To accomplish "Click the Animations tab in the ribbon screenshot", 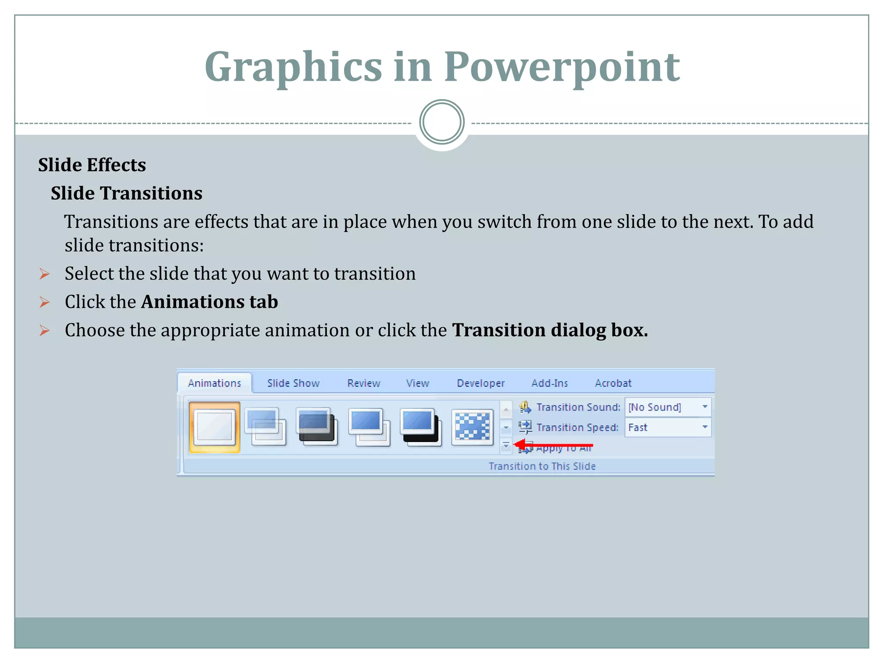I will coord(215,383).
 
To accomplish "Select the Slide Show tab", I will coord(293,383).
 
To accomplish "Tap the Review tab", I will coord(363,383).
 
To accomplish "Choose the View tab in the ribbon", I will coord(417,383).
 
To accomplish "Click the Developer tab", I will coord(480,383).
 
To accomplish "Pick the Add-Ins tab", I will coord(549,383).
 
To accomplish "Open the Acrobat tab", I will coord(613,383).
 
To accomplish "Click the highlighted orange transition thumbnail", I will coord(215,427).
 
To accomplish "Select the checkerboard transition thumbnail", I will coord(473,427).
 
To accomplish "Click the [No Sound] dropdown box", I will coord(667,407).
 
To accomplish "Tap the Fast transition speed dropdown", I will coord(667,427).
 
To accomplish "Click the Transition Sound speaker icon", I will coord(525,407).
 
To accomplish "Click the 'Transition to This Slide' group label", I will coord(542,466).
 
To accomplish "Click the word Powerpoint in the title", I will coord(562,67).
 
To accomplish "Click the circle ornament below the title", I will coord(442,122).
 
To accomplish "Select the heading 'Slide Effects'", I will coord(92,165).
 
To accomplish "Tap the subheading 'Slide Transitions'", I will coord(126,193).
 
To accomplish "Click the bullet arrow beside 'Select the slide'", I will coord(44,274).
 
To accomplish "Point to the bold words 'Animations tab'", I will coord(210,302).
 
